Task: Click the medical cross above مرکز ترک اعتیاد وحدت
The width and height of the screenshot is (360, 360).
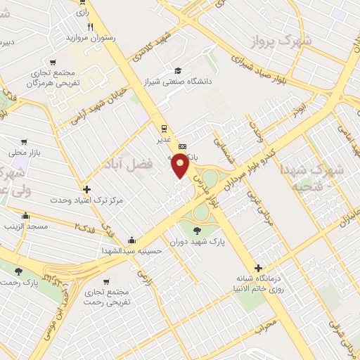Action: coord(86,189)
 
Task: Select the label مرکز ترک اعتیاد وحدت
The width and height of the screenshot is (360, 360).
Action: coord(86,200)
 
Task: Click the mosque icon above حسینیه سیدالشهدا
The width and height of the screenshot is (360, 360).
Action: coord(133,239)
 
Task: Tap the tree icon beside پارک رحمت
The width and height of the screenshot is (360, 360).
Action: coord(18,271)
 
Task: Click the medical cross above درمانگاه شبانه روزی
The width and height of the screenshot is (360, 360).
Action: coord(259,268)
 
